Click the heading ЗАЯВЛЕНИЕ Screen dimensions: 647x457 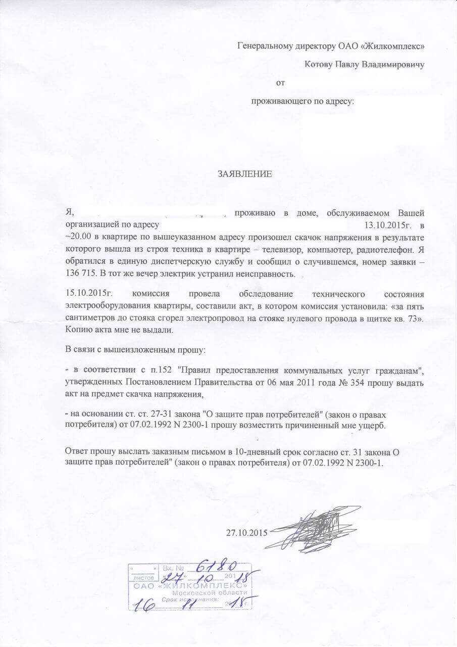pos(245,174)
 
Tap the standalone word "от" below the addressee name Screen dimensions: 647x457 pos(281,82)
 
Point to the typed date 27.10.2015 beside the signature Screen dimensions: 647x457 pos(246,533)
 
